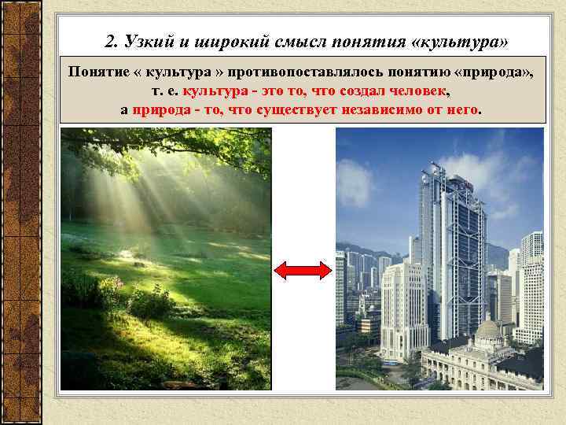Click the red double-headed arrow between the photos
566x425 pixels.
pyautogui.click(x=303, y=271)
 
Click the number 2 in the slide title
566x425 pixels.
pyautogui.click(x=109, y=40)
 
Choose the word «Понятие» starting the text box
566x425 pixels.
pyautogui.click(x=99, y=72)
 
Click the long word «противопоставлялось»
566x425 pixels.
pyautogui.click(x=312, y=72)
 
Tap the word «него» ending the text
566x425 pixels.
pyautogui.click(x=461, y=109)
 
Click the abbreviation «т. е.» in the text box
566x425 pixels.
pyautogui.click(x=166, y=91)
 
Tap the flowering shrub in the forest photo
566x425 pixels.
pyautogui.click(x=110, y=287)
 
